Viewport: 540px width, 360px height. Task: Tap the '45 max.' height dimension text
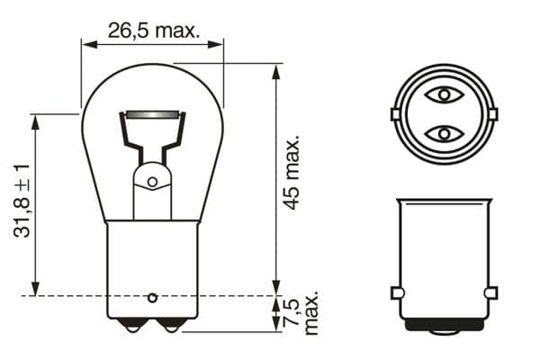tap(291, 174)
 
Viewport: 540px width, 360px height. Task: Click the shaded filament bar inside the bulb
tap(152, 114)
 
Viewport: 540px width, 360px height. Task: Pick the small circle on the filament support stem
tap(152, 182)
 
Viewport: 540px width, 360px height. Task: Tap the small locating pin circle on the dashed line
tap(152, 296)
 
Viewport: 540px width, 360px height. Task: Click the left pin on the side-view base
tap(396, 293)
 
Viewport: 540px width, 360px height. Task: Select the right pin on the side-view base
tap(490, 293)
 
